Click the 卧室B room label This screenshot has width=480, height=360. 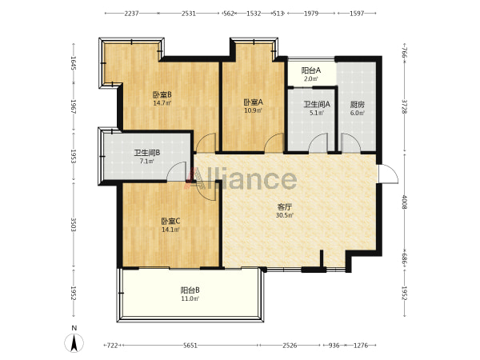pos(162,94)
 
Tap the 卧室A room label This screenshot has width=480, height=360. pos(253,102)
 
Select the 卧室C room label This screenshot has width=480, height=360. pos(170,221)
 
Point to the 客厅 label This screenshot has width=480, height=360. pos(284,207)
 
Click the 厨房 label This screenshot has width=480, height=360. pos(358,105)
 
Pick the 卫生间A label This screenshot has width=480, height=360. pos(317,104)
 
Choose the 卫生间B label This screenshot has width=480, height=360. pos(147,153)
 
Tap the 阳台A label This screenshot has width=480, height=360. pos(311,70)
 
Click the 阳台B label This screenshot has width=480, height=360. pos(190,290)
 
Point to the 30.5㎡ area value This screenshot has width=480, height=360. pos(285,215)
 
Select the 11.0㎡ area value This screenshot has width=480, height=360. pos(190,298)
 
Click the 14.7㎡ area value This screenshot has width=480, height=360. pos(162,103)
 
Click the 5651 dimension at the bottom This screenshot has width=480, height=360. pos(190,346)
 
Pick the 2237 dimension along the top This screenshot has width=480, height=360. pos(132,14)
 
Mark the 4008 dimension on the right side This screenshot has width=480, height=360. pos(405,202)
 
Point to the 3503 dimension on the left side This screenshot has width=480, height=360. pos(74,225)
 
